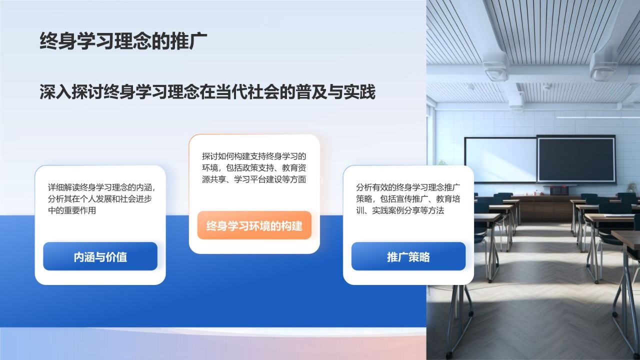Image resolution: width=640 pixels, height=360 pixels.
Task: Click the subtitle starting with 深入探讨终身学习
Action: [207, 92]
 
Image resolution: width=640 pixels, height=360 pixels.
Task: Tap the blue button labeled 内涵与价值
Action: [100, 256]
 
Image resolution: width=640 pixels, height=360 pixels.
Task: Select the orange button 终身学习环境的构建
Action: [254, 225]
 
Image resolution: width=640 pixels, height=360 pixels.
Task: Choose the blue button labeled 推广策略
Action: [408, 256]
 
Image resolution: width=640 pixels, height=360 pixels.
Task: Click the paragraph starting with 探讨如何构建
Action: [254, 168]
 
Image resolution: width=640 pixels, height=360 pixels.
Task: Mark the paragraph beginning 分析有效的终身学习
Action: [408, 199]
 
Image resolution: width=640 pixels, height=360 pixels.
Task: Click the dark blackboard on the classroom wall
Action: [576, 159]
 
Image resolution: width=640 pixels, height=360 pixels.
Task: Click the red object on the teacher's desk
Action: [558, 190]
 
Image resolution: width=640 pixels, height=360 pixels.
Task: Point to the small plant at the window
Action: [632, 187]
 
